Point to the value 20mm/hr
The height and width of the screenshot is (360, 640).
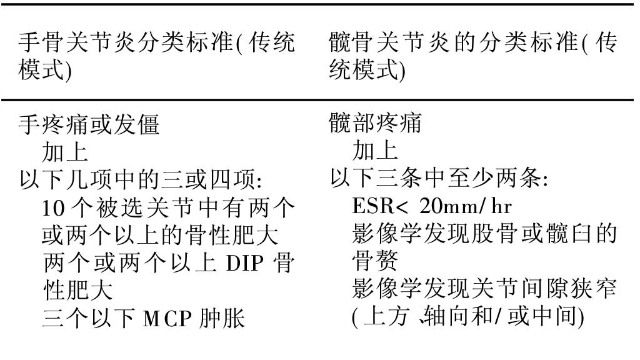tap(465, 206)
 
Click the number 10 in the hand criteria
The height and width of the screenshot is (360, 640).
tap(54, 208)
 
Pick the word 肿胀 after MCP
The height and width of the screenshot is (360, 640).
tap(222, 319)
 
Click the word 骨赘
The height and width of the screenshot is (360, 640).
tap(375, 261)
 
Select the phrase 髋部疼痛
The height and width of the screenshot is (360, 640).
tap(375, 123)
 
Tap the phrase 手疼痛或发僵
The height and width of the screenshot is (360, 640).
tap(89, 124)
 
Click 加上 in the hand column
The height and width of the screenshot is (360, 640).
tap(65, 152)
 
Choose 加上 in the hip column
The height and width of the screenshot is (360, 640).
tap(375, 151)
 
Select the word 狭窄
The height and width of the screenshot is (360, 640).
tap(594, 289)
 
